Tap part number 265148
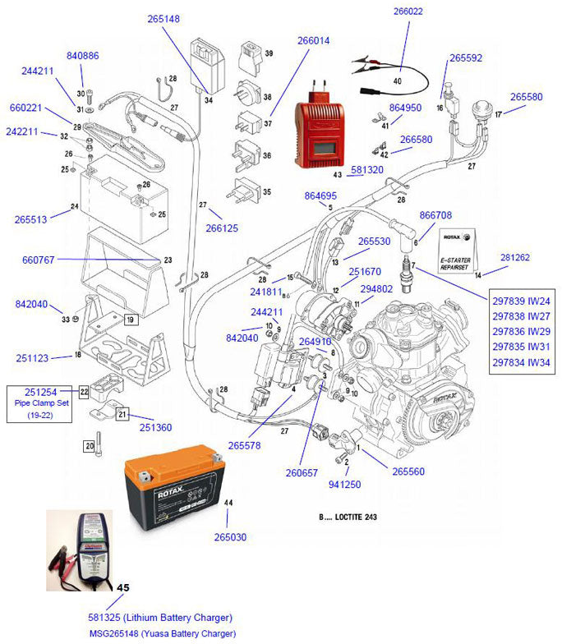(164, 19)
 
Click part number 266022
(408, 11)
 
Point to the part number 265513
(30, 219)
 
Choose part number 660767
(38, 260)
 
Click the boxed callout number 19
(130, 318)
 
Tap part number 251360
(155, 427)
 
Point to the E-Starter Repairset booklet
(458, 249)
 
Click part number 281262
(516, 257)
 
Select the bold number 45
(123, 588)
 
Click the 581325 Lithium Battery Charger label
(160, 618)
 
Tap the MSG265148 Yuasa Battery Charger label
(162, 633)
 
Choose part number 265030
(230, 537)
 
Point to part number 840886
(82, 56)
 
